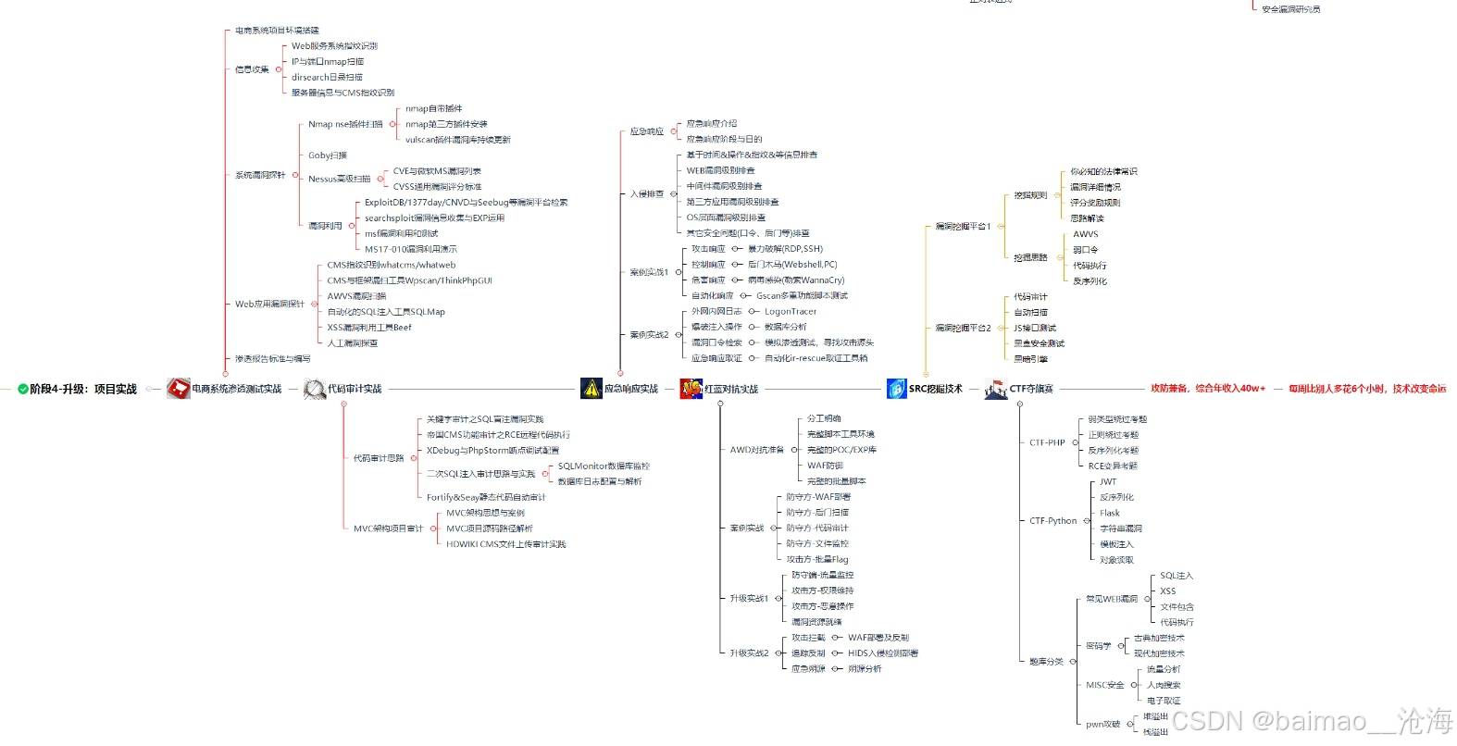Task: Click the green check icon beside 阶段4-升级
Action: (x=23, y=390)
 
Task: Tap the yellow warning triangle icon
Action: (x=592, y=389)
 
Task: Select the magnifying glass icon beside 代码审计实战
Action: (x=315, y=390)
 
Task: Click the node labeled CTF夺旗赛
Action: (x=1031, y=390)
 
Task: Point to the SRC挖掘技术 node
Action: (x=935, y=390)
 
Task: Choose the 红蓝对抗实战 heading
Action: (x=731, y=390)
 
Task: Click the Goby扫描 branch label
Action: (x=328, y=155)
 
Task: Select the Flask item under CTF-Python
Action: (x=1110, y=513)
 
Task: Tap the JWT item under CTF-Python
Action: (x=1108, y=481)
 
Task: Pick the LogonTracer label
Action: (x=791, y=312)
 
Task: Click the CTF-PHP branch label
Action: (x=1047, y=442)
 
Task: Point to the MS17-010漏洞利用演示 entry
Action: (x=410, y=249)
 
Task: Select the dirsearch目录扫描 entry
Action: (x=327, y=77)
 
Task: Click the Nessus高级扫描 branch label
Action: (x=339, y=179)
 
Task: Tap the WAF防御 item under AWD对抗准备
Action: (x=825, y=466)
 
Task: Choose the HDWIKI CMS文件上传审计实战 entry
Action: (x=505, y=544)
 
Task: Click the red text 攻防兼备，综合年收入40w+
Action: (x=1207, y=389)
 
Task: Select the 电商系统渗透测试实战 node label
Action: (x=236, y=390)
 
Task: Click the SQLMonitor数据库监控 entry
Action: (x=604, y=466)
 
